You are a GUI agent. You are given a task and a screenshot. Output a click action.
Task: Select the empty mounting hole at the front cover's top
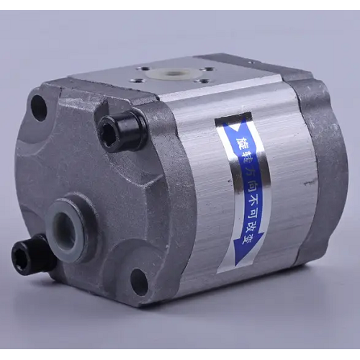(x=39, y=106)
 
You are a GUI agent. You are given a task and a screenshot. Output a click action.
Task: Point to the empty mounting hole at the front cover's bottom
(x=140, y=279)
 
